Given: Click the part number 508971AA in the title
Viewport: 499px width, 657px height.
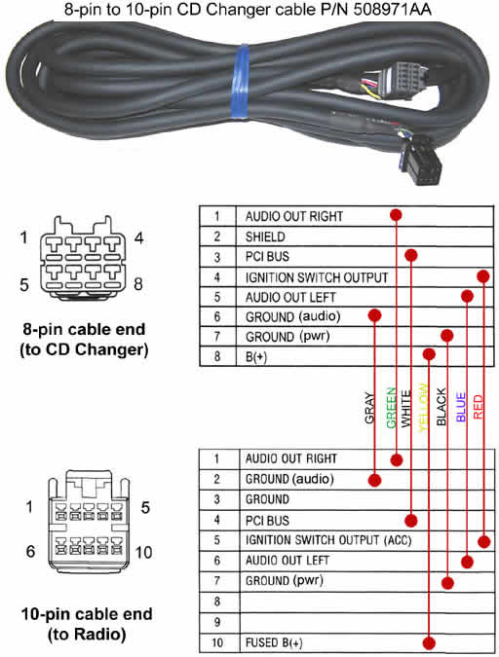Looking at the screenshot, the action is [393, 9].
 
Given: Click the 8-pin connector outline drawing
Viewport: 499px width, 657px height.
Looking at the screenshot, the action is [83, 258].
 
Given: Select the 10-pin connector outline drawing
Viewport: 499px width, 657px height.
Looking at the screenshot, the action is [90, 521].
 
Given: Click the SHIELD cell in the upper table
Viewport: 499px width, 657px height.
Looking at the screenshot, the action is [265, 237].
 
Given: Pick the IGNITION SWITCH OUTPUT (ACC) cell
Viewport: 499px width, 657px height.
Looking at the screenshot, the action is [328, 540].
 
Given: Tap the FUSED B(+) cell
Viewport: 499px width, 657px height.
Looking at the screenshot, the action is [274, 642].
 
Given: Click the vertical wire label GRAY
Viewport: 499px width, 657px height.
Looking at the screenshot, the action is [369, 408].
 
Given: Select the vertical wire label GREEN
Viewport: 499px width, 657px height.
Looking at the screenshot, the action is [391, 408].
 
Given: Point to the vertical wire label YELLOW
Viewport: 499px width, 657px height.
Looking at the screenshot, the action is [423, 408].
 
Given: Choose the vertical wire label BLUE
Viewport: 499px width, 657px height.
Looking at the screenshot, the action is [461, 407].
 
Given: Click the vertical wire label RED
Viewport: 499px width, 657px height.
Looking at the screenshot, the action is [478, 407].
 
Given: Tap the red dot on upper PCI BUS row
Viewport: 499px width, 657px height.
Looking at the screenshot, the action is [411, 255].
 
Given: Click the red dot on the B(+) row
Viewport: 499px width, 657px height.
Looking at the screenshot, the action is [429, 354].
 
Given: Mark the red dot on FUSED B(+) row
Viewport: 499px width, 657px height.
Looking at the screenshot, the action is [429, 642].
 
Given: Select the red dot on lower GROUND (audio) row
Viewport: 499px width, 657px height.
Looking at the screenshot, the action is [375, 480].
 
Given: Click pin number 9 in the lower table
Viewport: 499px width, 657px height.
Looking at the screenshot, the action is [217, 622].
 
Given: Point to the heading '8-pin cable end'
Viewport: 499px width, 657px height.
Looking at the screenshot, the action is [84, 329].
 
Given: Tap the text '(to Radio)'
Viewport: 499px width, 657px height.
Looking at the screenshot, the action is [87, 635].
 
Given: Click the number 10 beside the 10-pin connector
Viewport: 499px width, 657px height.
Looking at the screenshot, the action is [143, 552].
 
